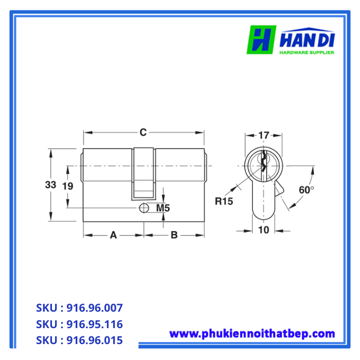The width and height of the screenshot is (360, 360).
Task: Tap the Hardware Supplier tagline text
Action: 307,52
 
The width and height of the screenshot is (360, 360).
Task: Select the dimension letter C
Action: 143,133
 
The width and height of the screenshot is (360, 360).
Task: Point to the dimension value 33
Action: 50,185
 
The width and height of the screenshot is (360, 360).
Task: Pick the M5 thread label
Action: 163,208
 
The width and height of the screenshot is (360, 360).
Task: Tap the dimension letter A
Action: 114,235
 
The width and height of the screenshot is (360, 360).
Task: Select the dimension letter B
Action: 174,235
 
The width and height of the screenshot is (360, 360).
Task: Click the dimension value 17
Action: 263,136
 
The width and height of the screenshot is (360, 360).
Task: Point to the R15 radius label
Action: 224,201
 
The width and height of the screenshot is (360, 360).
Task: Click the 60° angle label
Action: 306,189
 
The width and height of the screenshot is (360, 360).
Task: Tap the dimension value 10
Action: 263,230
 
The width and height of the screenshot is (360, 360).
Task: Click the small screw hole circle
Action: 144,208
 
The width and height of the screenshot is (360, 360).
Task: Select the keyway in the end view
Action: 263,164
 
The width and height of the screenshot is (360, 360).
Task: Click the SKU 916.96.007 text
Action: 79,308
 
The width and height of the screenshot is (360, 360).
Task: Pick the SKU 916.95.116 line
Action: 79,325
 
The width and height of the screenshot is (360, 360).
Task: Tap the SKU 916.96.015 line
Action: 79,340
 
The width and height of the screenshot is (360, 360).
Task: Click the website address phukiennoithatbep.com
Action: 252,334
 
